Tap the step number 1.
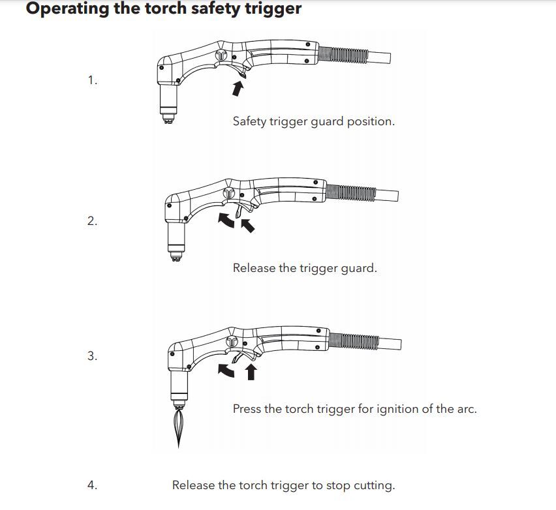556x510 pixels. tap(92, 80)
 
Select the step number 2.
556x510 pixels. tap(92, 220)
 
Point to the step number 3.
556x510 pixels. tap(92, 356)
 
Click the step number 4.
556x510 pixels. tap(92, 485)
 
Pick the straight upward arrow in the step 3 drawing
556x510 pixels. tap(250, 372)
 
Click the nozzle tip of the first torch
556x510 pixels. tap(168, 120)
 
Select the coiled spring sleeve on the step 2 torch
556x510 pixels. tap(350, 192)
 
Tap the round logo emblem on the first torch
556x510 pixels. tap(223, 56)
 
